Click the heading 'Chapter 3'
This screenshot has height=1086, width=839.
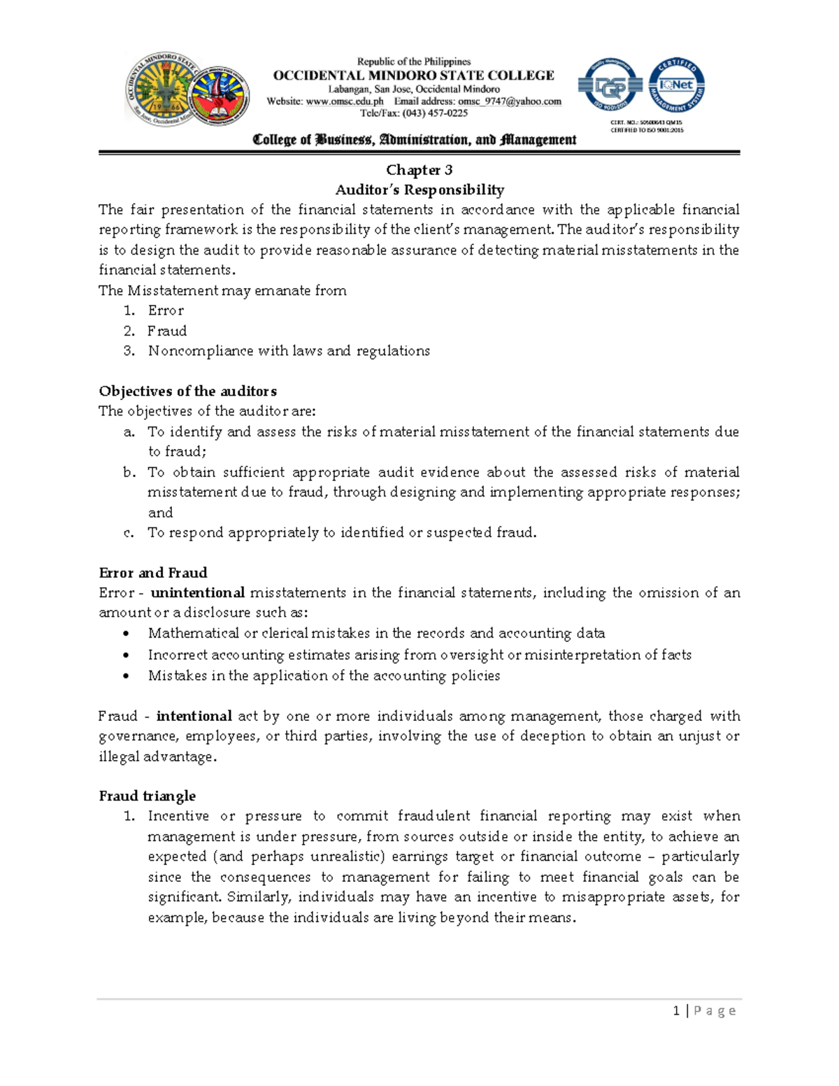pyautogui.click(x=419, y=170)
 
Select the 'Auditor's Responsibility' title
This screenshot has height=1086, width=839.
pyautogui.click(x=419, y=190)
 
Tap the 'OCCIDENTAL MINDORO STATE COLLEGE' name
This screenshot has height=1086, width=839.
pyautogui.click(x=413, y=76)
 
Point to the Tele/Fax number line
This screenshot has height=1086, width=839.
pyautogui.click(x=413, y=113)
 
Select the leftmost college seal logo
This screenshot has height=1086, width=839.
pyautogui.click(x=159, y=90)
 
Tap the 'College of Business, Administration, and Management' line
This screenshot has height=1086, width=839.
pyautogui.click(x=414, y=140)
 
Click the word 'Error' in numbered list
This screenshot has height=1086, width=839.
pyautogui.click(x=166, y=310)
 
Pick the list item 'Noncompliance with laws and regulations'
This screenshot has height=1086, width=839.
pyautogui.click(x=288, y=351)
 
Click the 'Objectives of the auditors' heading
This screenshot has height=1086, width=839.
pyautogui.click(x=187, y=391)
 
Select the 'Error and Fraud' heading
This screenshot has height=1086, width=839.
pyautogui.click(x=153, y=573)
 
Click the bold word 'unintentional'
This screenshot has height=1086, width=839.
pyautogui.click(x=198, y=593)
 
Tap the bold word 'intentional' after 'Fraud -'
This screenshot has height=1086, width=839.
pyautogui.click(x=194, y=716)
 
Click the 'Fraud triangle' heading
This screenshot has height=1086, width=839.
pyautogui.click(x=147, y=796)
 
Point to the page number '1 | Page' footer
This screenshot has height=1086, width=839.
pyautogui.click(x=704, y=1010)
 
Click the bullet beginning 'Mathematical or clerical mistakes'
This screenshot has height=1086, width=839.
pyautogui.click(x=376, y=634)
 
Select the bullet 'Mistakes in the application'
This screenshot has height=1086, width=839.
pyautogui.click(x=324, y=676)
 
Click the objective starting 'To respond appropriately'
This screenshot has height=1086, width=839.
pyautogui.click(x=342, y=533)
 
